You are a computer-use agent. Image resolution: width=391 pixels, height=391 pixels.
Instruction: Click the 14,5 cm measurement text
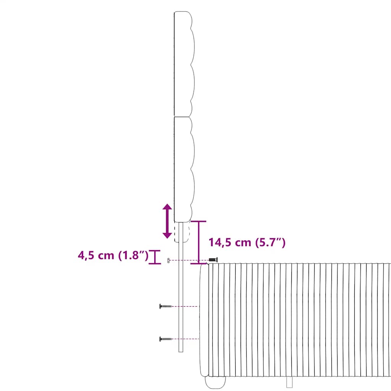(x=229, y=242)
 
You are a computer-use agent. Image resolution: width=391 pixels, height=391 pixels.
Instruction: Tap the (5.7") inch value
(x=270, y=242)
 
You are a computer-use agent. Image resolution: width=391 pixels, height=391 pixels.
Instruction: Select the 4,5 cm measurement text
(x=96, y=255)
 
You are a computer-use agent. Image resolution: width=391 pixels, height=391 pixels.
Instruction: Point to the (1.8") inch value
(x=133, y=255)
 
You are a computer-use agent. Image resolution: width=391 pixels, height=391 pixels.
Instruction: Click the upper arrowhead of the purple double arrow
(x=167, y=207)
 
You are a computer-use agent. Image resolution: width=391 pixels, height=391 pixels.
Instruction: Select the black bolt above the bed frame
(x=213, y=260)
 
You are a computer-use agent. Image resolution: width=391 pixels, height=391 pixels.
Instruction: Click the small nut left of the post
(x=168, y=260)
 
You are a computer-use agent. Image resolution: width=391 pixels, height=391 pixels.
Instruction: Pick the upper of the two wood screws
(x=165, y=306)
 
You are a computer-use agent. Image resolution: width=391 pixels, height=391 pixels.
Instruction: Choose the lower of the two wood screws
(x=165, y=339)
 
